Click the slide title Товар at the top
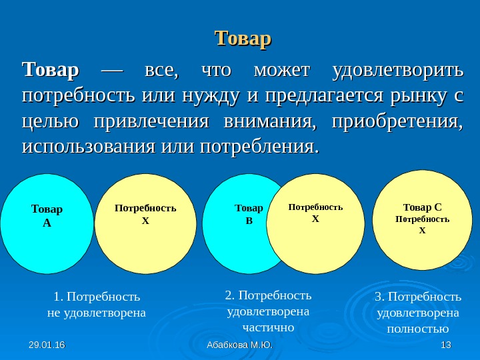(x=243, y=38)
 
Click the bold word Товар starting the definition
(x=51, y=70)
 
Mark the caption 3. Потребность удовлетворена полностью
(x=418, y=312)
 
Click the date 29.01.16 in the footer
(x=43, y=345)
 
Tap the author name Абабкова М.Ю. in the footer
(x=240, y=345)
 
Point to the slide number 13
(x=446, y=345)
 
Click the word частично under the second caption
(x=269, y=327)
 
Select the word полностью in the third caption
(x=418, y=329)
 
